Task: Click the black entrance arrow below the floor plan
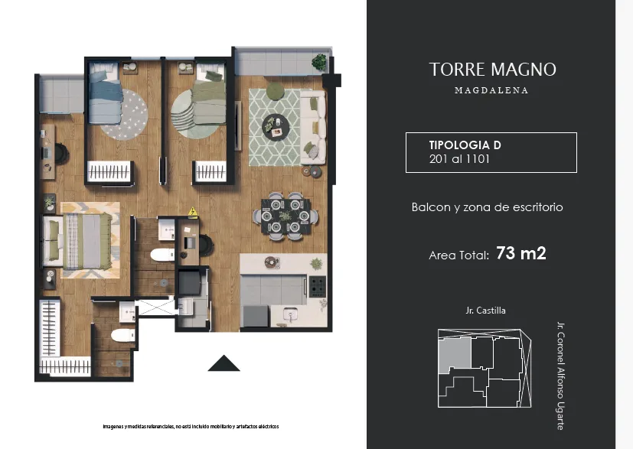tap(224, 363)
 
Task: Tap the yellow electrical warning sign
tap(193, 211)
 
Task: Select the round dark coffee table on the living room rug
tap(276, 127)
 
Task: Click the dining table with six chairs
tap(286, 216)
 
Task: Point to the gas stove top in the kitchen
tap(318, 286)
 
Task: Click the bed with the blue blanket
tap(105, 93)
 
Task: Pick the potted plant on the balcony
tap(319, 62)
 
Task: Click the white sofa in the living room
tap(313, 127)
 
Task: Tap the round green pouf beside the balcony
tap(276, 91)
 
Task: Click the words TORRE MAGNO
tap(492, 70)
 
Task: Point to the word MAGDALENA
tap(491, 90)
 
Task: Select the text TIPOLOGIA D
tap(465, 145)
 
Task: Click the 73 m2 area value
tap(521, 253)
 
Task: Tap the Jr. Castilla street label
tap(485, 311)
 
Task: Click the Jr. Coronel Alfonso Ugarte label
tap(560, 376)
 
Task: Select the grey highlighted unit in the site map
tap(455, 354)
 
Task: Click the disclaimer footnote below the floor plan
tap(191, 426)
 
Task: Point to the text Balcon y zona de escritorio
tap(488, 207)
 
